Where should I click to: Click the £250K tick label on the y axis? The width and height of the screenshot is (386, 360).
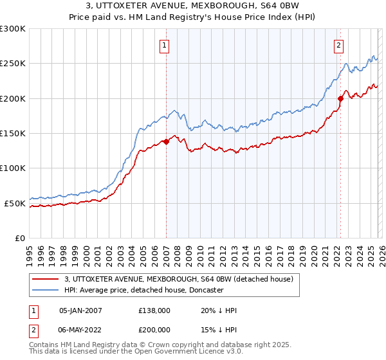(13, 64)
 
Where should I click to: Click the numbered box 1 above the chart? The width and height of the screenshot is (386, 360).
(165, 45)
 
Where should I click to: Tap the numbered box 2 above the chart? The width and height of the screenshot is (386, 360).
(338, 45)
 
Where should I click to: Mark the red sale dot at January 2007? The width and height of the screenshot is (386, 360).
(166, 141)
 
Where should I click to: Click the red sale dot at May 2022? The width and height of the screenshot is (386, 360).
(340, 98)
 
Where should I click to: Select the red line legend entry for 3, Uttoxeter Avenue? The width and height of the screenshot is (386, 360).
(179, 279)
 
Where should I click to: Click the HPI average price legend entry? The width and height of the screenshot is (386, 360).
(143, 290)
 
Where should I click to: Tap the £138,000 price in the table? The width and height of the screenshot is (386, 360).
(154, 310)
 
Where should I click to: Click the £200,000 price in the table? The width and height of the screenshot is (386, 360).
(154, 328)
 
